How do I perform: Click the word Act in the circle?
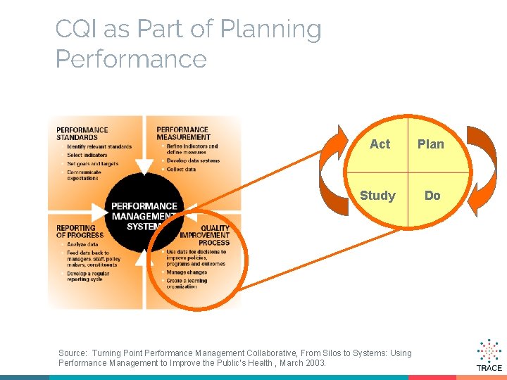click(x=380, y=144)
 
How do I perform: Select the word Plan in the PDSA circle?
click(x=431, y=144)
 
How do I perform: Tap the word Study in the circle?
click(x=377, y=195)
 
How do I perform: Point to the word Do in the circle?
click(x=432, y=195)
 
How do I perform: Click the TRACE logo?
click(x=489, y=355)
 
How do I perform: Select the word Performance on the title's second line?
click(x=131, y=59)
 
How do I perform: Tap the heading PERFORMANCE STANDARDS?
click(x=82, y=134)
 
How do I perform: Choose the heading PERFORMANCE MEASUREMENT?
click(x=183, y=133)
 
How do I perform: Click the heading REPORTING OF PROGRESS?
click(x=80, y=232)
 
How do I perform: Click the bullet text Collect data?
click(x=182, y=170)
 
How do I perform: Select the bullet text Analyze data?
click(x=82, y=244)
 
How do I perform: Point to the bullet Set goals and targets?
click(x=93, y=164)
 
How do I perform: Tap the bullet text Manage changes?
click(x=187, y=272)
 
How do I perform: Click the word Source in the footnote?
click(x=73, y=353)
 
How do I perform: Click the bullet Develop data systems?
click(x=193, y=161)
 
